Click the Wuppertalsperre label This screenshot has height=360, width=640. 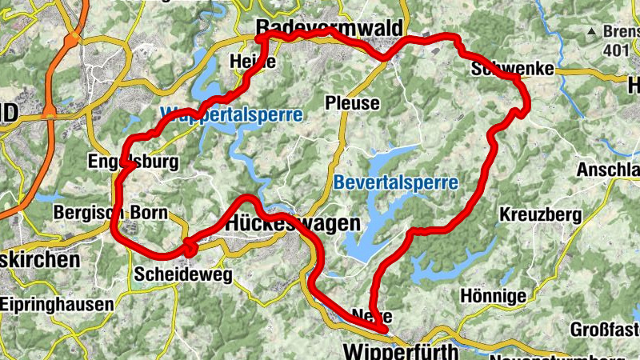(x=231, y=114)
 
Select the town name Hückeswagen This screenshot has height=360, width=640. (x=293, y=225)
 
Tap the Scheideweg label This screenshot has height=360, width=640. (x=183, y=274)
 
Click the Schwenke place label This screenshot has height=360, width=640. (x=513, y=69)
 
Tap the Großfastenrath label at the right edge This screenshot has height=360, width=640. (x=604, y=329)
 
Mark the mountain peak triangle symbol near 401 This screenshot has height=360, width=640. (x=592, y=31)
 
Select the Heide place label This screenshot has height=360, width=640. (x=252, y=62)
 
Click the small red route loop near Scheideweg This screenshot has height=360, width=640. (x=189, y=248)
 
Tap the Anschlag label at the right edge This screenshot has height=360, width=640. (x=608, y=170)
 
